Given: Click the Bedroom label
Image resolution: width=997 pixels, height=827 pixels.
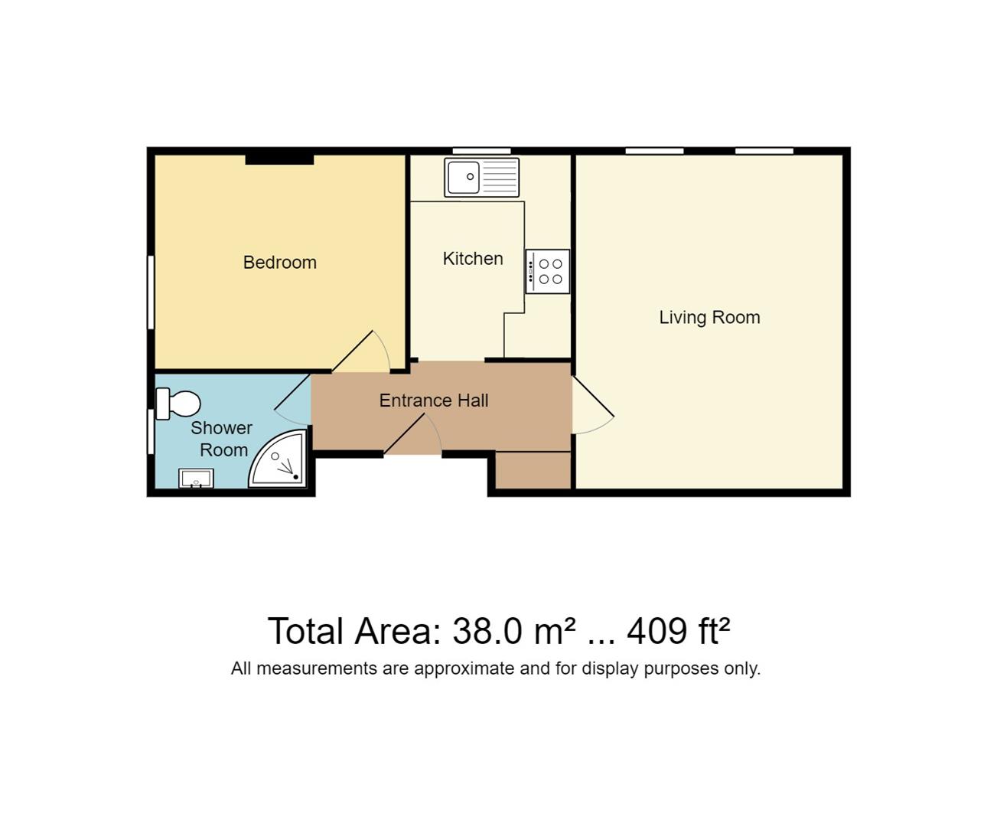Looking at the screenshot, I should coord(279,263).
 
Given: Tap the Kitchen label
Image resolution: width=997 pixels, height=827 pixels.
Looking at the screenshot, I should coord(473,259).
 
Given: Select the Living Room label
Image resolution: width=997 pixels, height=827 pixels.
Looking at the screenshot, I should coord(709,318).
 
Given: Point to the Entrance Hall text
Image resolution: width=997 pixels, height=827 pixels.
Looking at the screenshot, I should coord(434,400).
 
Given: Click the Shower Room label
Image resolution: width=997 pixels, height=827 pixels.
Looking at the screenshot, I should coord(222,439).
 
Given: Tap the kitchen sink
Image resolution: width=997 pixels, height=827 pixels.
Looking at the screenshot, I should coord(481,177).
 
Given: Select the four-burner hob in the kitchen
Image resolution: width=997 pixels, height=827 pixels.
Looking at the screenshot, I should coord(548,271).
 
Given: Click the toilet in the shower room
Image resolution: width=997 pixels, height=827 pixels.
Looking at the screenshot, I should coord(178,404).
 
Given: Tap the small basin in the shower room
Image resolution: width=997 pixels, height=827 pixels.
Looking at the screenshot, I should coord(196,479).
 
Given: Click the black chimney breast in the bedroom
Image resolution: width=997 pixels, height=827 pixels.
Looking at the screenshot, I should coord(279,159).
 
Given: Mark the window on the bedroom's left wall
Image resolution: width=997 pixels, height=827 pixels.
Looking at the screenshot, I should coord(151,293).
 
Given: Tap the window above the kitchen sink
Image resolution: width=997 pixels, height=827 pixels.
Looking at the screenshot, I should coord(481,151).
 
